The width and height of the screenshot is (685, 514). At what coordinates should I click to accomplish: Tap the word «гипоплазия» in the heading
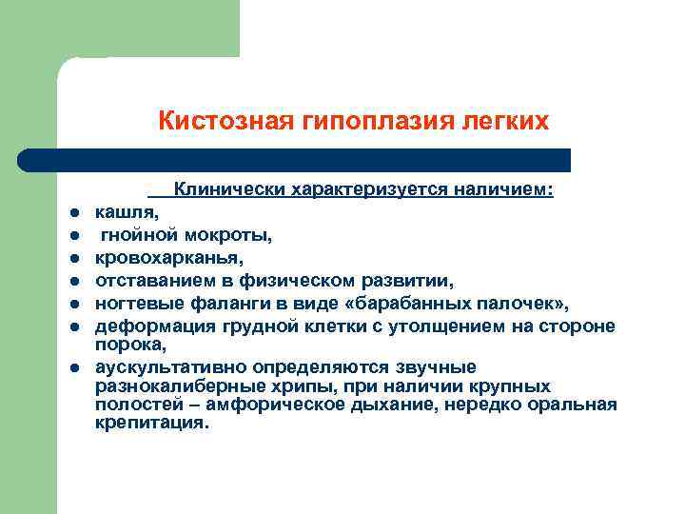click(x=346, y=121)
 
